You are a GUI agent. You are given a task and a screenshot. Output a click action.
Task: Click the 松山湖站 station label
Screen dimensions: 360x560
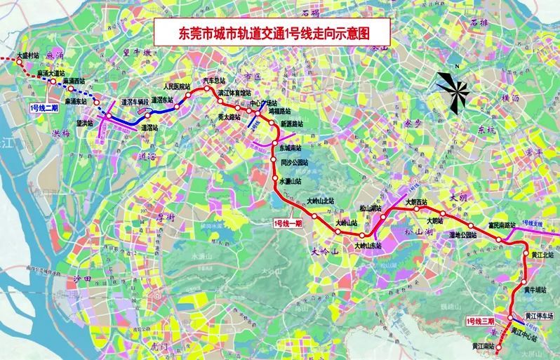(371, 208)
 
